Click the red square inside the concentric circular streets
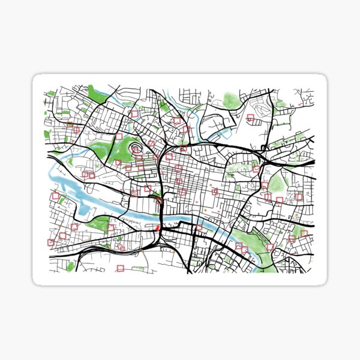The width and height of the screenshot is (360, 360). click(133, 146)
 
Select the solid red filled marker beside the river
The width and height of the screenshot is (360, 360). click(158, 227)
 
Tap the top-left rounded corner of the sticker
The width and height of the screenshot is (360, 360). click(37, 78)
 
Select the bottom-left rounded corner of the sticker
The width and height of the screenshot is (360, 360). click(37, 282)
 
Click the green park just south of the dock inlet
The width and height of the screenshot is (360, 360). click(96, 225)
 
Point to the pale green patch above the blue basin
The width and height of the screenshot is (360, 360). click(231, 100)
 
